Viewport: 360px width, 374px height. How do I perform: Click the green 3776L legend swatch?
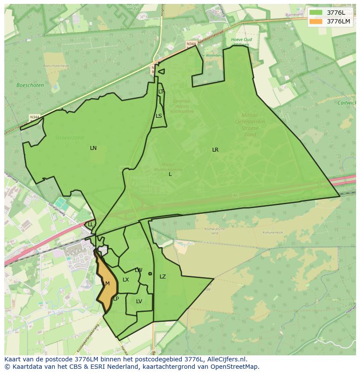pos(316,13)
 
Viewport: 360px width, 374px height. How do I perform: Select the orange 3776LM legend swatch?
pos(316,21)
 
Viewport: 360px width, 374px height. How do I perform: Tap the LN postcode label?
pos(93,148)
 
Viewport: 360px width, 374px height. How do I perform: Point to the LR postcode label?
pos(215,150)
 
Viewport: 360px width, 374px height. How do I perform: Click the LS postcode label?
pos(159,116)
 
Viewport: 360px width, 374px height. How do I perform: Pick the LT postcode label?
pos(161,92)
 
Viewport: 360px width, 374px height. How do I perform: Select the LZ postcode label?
pos(163,277)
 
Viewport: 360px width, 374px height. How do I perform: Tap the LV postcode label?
pos(139,301)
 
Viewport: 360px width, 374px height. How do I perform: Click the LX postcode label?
pos(126,280)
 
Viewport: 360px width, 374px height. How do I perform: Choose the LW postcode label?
pos(138,270)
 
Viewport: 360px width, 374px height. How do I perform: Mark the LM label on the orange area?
pos(106,284)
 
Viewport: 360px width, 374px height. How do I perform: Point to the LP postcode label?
pos(116,299)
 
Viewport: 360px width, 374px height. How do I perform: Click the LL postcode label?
pos(90,225)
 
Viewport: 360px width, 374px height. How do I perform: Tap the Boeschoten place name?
pos(30,86)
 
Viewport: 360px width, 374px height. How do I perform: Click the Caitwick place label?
pos(347,103)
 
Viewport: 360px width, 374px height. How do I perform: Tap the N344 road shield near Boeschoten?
pos(34,117)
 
